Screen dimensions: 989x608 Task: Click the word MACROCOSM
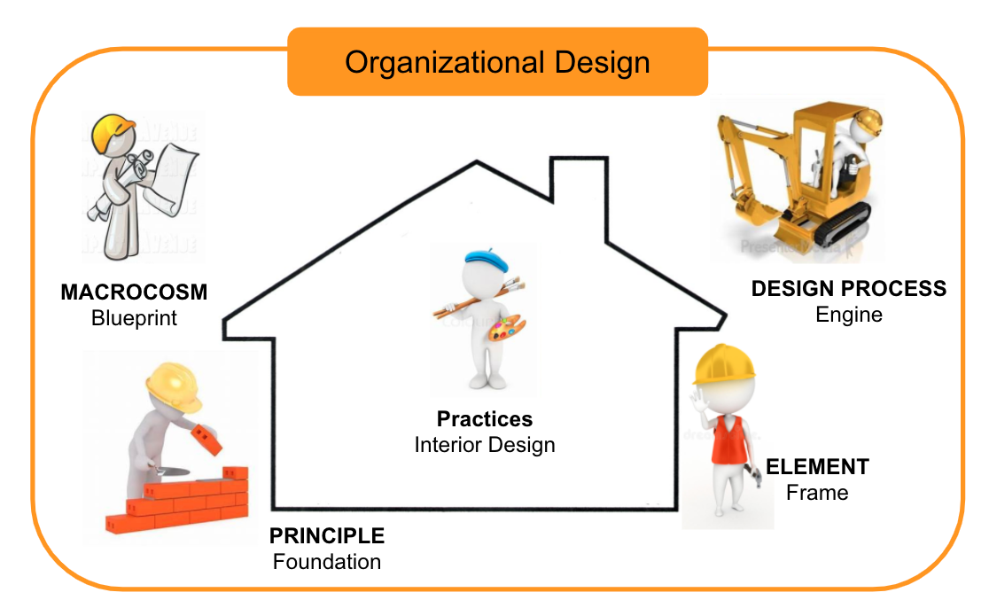[134, 292]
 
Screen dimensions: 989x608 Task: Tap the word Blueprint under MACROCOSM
[134, 318]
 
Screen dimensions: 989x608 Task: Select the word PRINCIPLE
[327, 535]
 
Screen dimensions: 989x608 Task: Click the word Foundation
[327, 561]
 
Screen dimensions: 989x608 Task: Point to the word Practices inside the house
[485, 419]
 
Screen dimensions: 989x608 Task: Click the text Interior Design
[485, 445]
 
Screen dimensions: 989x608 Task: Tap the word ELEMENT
[817, 467]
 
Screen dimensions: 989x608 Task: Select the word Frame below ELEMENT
[817, 493]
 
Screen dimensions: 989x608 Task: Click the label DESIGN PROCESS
[849, 288]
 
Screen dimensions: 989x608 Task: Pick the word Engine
[849, 314]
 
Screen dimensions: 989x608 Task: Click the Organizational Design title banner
[498, 62]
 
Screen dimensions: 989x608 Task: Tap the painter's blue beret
[487, 259]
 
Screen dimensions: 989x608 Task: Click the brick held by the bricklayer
[206, 439]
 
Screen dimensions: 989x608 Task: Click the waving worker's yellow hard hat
[724, 364]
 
